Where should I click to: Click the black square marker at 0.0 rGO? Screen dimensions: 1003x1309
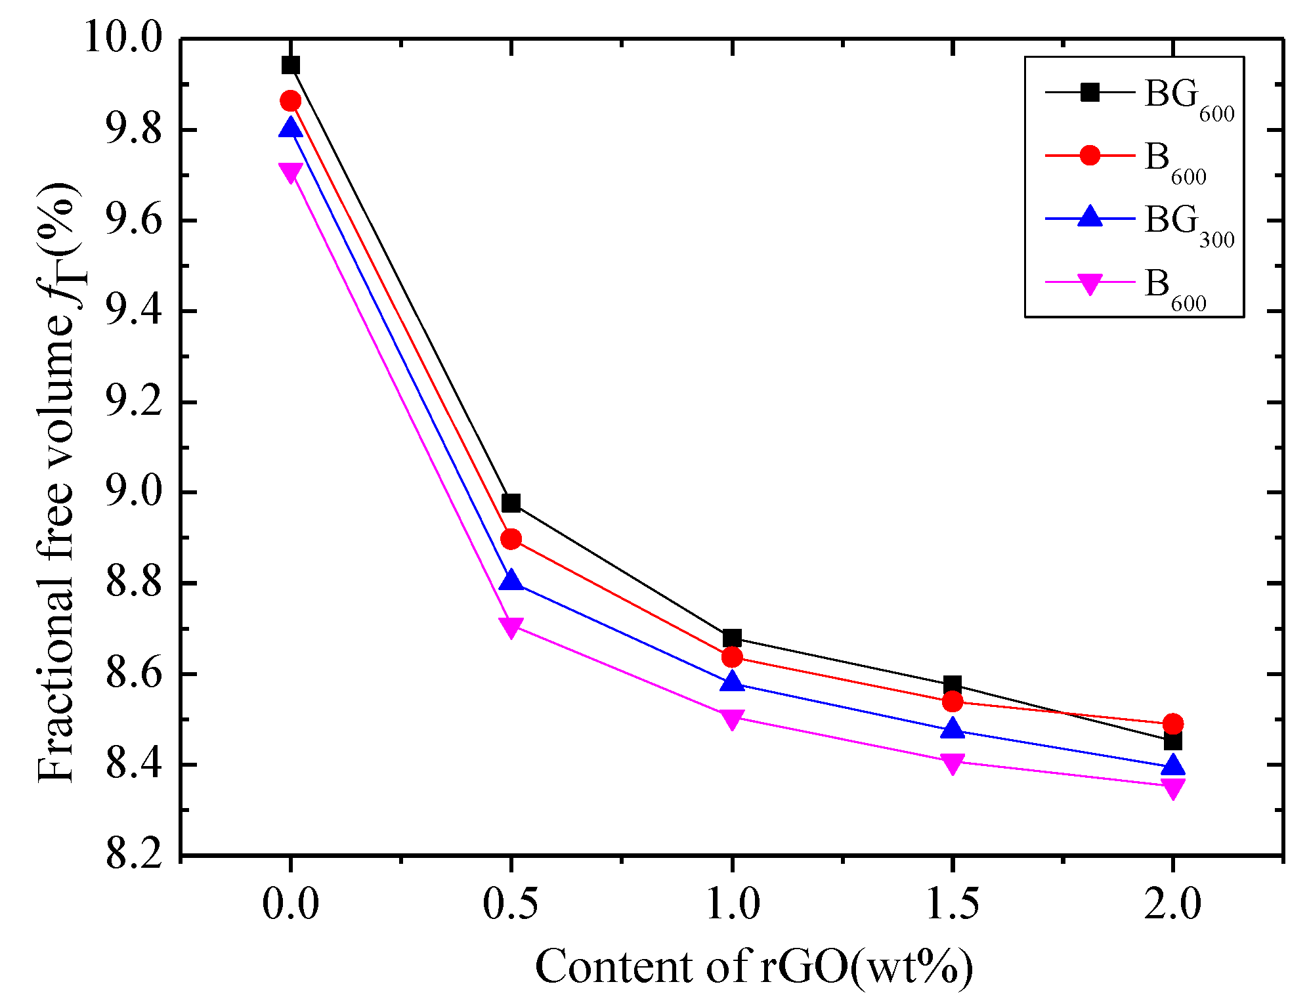[x=290, y=65]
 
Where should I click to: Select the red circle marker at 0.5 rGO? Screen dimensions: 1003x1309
[x=511, y=540]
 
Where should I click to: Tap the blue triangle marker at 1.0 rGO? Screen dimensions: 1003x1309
[x=731, y=682]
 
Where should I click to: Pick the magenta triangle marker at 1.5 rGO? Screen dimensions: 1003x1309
[x=952, y=763]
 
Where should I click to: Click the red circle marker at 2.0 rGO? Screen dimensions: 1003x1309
[x=1172, y=724]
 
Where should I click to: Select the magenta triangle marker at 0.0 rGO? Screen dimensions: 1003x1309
[x=290, y=172]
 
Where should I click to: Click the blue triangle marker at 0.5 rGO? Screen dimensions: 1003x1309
[x=511, y=581]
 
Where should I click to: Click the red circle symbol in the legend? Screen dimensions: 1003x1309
[x=1090, y=156]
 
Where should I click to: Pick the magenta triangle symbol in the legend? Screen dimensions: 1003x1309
[x=1090, y=284]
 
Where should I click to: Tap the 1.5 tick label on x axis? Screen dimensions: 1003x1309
[x=952, y=905]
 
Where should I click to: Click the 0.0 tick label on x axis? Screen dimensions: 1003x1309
[x=290, y=905]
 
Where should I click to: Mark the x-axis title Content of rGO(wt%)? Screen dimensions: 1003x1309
[x=754, y=966]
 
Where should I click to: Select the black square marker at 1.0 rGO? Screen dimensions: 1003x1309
[x=731, y=638]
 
